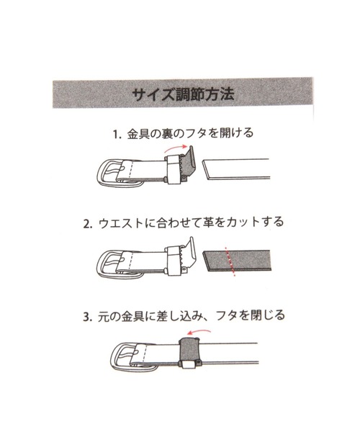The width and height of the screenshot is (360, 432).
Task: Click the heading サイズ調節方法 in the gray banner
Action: pyautogui.click(x=183, y=94)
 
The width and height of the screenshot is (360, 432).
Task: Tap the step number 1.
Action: pyautogui.click(x=117, y=135)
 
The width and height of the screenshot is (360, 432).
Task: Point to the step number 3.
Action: pyautogui.click(x=87, y=317)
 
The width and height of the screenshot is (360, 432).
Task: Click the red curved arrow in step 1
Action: pyautogui.click(x=175, y=148)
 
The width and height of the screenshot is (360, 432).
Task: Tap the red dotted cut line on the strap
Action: pyautogui.click(x=230, y=261)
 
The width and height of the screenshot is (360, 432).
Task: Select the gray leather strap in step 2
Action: pyautogui.click(x=237, y=261)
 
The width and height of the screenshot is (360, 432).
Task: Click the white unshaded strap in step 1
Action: pyautogui.click(x=236, y=169)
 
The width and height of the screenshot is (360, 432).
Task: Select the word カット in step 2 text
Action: pyautogui.click(x=243, y=222)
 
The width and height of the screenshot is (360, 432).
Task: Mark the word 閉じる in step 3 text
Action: pyautogui.click(x=267, y=316)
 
